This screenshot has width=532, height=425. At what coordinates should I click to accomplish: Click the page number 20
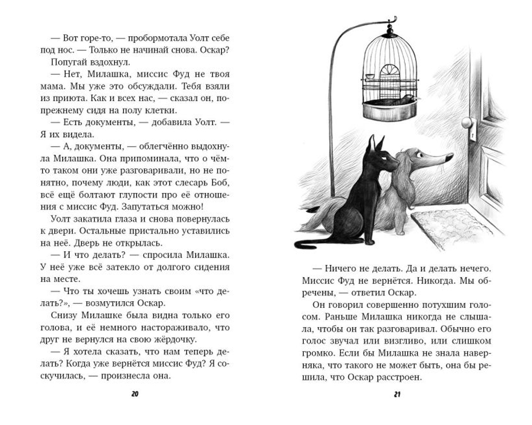pyautogui.click(x=134, y=394)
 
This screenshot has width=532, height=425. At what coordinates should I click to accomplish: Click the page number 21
pyautogui.click(x=397, y=394)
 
